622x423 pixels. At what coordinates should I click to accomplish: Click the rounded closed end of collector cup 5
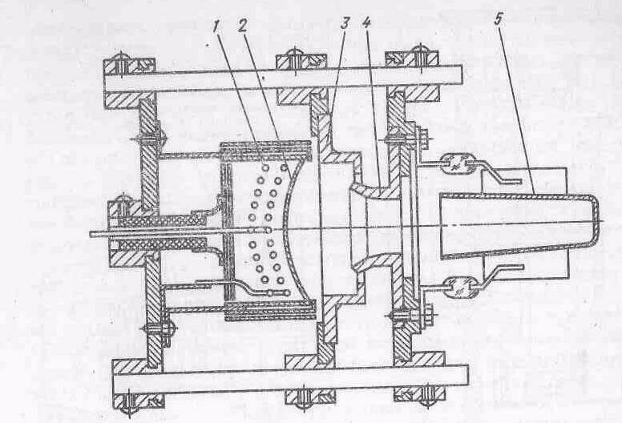pyautogui.click(x=592, y=226)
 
